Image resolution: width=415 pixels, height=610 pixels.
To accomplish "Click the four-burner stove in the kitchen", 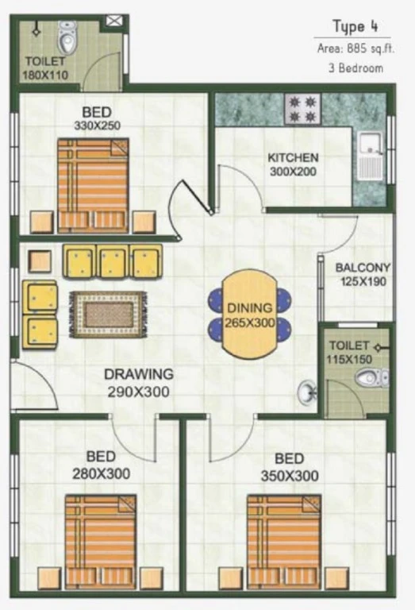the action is [x=303, y=109].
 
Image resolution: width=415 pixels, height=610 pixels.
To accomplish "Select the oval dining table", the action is [x=250, y=314].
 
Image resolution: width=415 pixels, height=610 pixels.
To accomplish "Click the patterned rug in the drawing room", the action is [x=109, y=315].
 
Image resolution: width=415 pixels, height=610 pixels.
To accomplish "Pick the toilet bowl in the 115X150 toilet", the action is [x=371, y=377].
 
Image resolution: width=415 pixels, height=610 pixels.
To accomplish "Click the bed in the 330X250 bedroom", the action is [x=93, y=186].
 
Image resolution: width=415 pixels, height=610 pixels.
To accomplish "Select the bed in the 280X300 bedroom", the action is [x=100, y=542].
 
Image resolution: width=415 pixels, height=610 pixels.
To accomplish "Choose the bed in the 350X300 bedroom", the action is [x=284, y=542].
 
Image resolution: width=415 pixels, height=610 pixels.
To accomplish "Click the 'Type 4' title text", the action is [x=355, y=26].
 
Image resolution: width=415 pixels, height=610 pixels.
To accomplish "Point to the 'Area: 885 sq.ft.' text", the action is [x=355, y=49].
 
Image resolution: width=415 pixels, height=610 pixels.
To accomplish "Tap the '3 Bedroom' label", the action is [x=355, y=68].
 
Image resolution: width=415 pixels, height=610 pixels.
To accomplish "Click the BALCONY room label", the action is [x=363, y=268].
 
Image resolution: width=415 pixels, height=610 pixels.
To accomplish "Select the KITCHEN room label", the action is [x=293, y=157].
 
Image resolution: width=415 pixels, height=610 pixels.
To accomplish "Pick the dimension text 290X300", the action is [x=138, y=392].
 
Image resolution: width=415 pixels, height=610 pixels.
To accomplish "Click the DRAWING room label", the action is [x=139, y=374].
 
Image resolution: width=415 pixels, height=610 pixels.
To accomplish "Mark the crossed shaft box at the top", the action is [x=113, y=21].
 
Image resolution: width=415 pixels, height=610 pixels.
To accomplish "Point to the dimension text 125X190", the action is [x=363, y=281].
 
